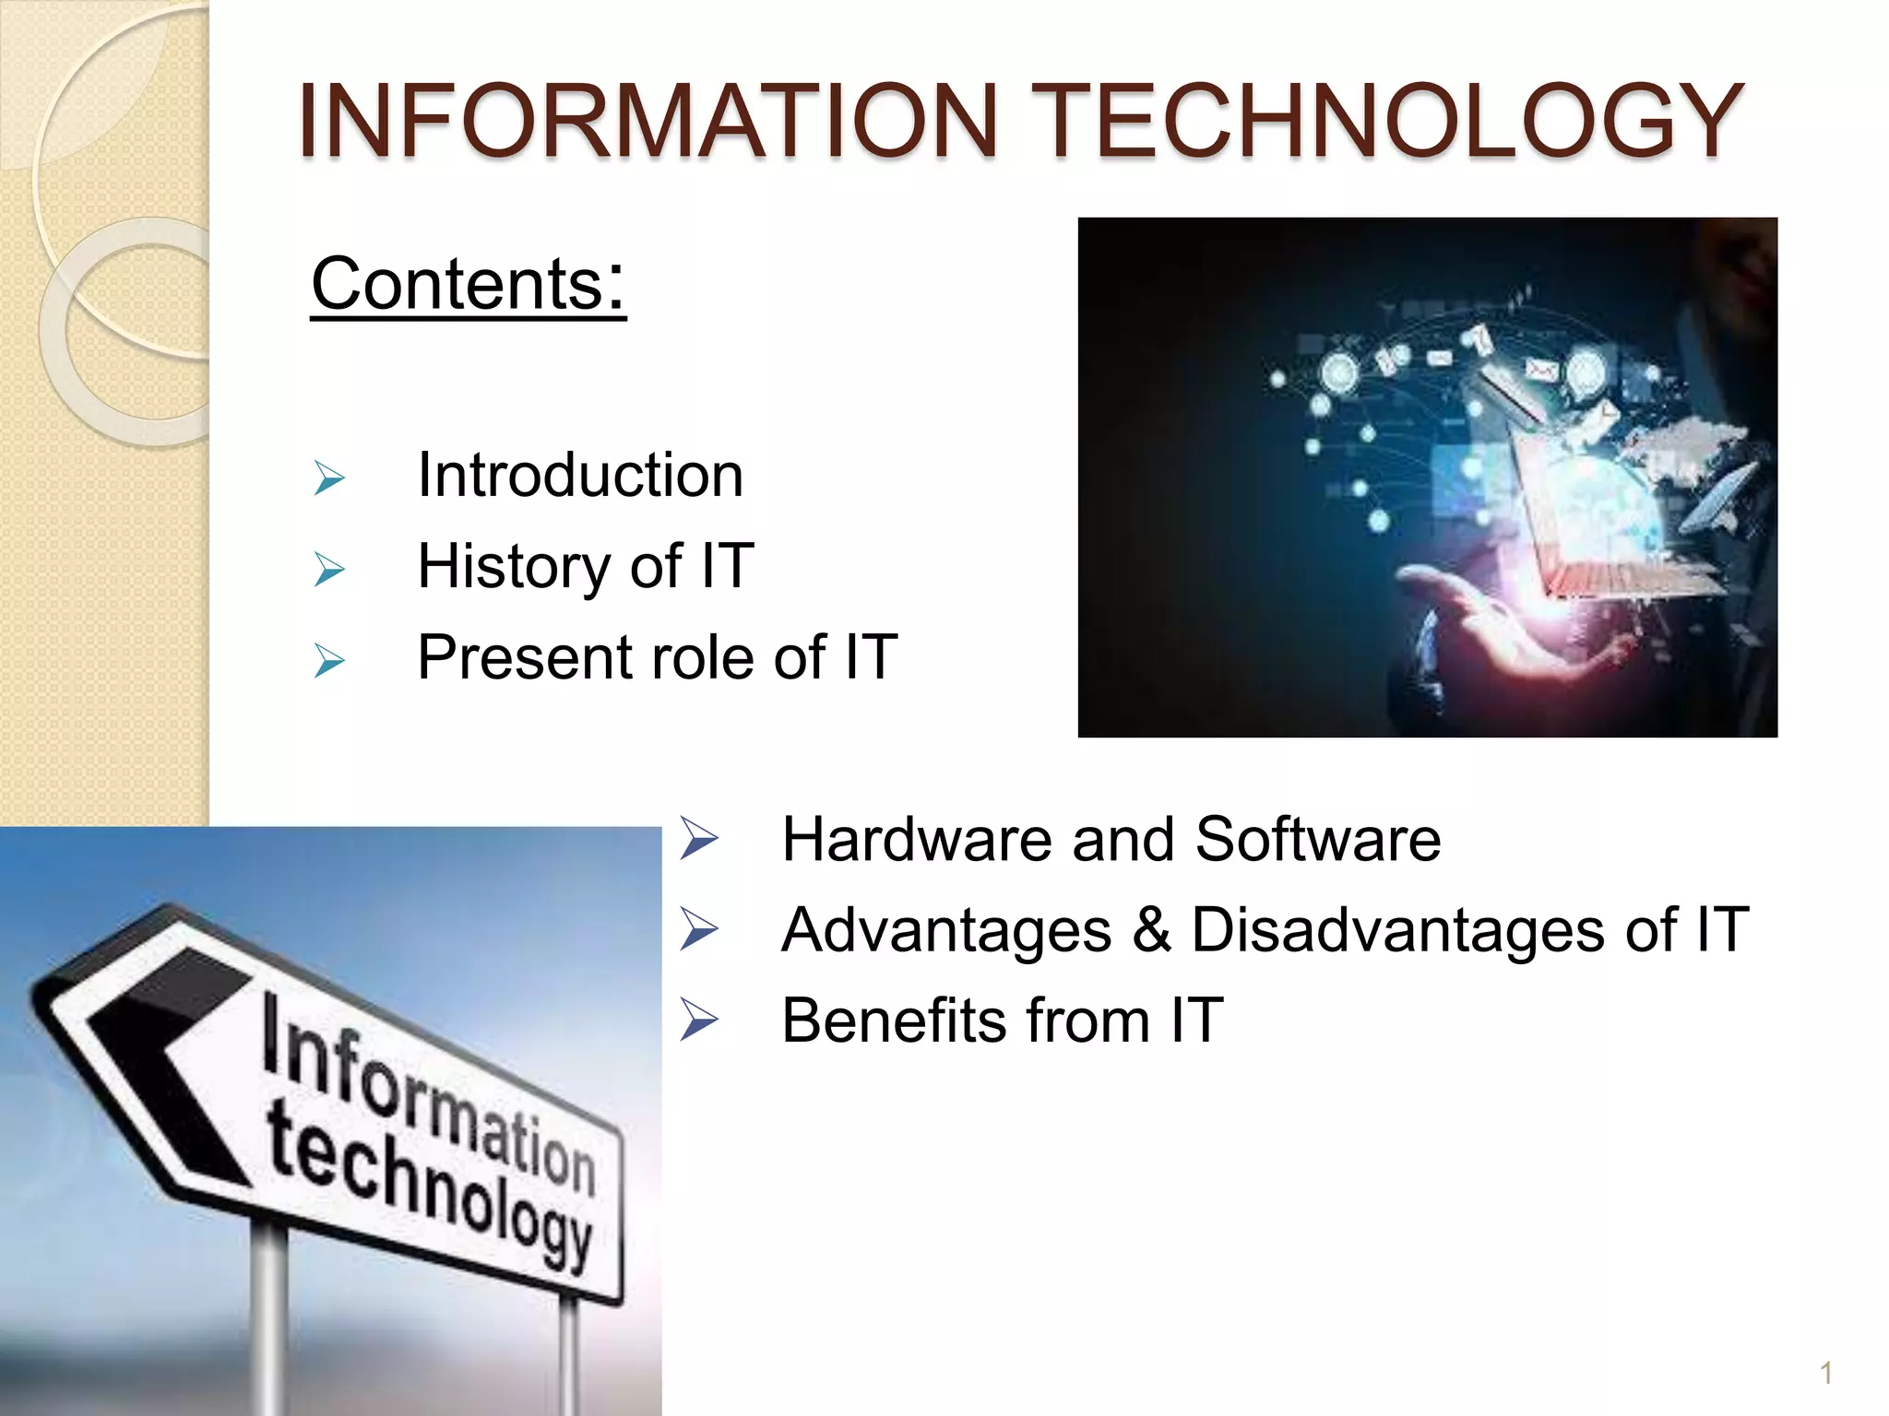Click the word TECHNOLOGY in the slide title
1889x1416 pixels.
(x=1393, y=121)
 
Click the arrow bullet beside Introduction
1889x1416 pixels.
(x=329, y=478)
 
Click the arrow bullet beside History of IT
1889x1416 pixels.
(x=329, y=570)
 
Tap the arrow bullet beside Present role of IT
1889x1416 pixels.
(x=329, y=661)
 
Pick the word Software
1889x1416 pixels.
(x=1317, y=840)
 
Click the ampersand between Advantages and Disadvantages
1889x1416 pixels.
(x=1151, y=929)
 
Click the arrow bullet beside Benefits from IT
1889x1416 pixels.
(x=698, y=1021)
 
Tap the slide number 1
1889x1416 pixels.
(x=1825, y=1374)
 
